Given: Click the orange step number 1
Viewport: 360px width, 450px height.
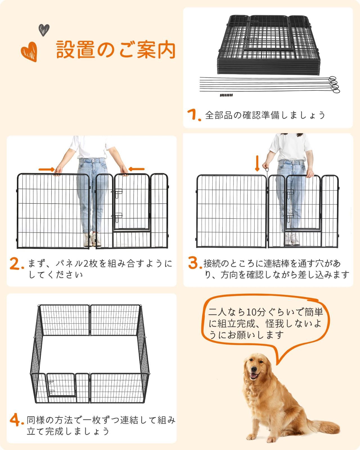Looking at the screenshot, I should (194, 115).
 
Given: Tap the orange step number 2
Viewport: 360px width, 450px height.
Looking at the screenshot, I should (16, 264).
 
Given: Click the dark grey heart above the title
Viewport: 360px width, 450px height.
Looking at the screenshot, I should (44, 30).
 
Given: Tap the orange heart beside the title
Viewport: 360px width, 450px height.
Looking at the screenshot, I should (29, 51).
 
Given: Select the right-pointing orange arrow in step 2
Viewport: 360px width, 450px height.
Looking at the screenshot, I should (46, 169).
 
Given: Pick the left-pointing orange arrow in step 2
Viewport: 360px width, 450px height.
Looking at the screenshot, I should (137, 169).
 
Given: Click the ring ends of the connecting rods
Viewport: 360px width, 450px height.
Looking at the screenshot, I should (334, 84).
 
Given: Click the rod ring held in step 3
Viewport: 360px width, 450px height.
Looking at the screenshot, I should (266, 170).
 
